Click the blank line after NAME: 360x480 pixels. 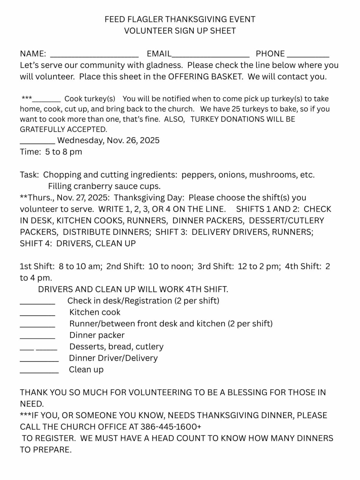(94, 56)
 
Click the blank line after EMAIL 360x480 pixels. (210, 56)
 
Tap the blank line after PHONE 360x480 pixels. (308, 56)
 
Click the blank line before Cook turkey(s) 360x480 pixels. (46, 101)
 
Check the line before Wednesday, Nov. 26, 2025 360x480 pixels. (37, 143)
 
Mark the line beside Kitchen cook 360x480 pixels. (37, 315)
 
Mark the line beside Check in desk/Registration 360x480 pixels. (37, 303)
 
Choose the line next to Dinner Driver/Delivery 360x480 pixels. (39, 361)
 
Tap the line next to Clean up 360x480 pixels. (39, 372)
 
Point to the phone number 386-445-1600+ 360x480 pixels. (171, 427)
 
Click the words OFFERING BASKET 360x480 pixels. (205, 76)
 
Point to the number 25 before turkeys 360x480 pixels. (236, 109)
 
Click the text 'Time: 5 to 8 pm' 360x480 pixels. (51, 152)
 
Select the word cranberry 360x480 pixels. (93, 186)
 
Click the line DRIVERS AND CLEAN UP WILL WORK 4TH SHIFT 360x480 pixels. (133, 289)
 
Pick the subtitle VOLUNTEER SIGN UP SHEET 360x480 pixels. (180, 31)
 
